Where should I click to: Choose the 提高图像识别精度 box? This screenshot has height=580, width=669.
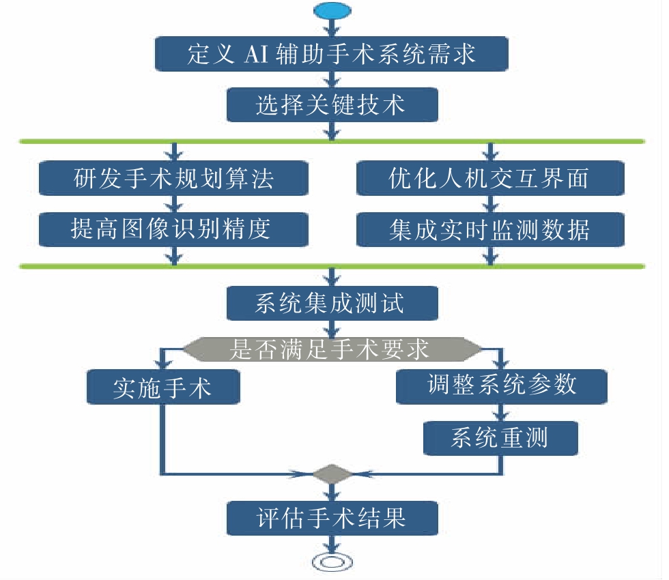coord(173,229)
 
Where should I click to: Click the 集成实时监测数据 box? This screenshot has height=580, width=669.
coord(489,229)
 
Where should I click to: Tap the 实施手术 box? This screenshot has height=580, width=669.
coord(162,387)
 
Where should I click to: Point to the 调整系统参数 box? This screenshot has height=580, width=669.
coord(502,386)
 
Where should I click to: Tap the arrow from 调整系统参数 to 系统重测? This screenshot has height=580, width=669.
coord(502,412)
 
